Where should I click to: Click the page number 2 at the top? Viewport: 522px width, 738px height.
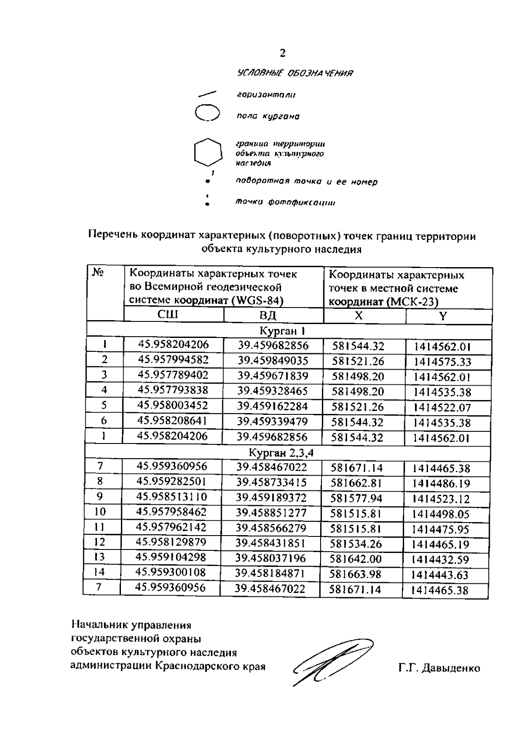coord(283,53)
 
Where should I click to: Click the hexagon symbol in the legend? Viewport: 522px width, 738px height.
coord(207,152)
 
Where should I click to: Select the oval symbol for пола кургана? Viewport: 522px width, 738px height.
coord(207,113)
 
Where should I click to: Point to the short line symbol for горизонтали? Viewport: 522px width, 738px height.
coord(207,93)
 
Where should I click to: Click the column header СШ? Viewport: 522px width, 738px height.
coord(167,314)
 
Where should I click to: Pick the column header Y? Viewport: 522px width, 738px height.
coord(442,316)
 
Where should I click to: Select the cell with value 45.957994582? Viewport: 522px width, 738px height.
coord(173,360)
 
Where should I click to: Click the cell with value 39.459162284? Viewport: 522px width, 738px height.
coord(272,407)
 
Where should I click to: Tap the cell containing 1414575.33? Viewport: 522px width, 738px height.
coord(442,362)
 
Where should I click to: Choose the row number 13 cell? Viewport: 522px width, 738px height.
coord(100,557)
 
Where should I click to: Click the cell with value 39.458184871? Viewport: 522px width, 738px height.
coord(271,573)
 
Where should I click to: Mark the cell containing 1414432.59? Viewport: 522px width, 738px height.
coord(441,560)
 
